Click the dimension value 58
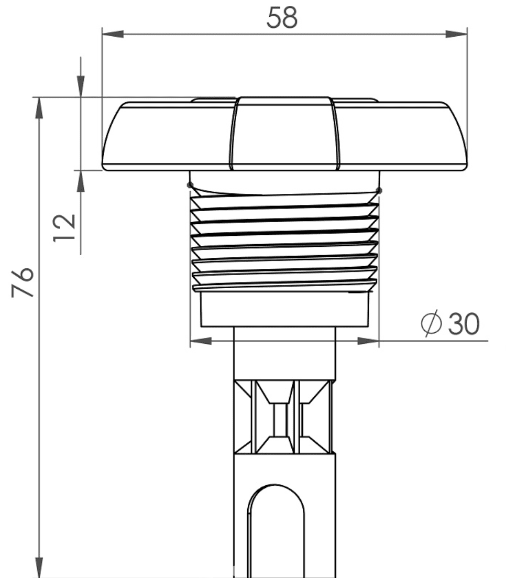tap(282, 17)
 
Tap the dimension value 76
tap(23, 282)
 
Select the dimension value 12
tap(64, 227)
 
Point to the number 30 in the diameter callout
tap(464, 324)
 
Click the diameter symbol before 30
tap(431, 323)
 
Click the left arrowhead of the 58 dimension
tap(113, 34)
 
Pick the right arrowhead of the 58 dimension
tap(456, 34)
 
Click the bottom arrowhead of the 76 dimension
tap(39, 568)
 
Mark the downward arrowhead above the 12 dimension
tap(81, 86)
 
